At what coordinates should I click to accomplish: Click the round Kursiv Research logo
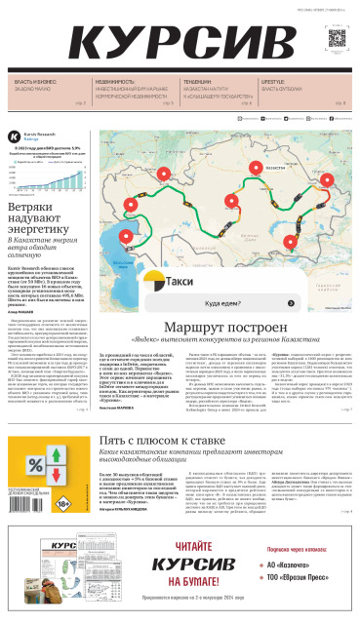point(13,137)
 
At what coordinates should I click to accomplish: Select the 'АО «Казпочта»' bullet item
point(297,565)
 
